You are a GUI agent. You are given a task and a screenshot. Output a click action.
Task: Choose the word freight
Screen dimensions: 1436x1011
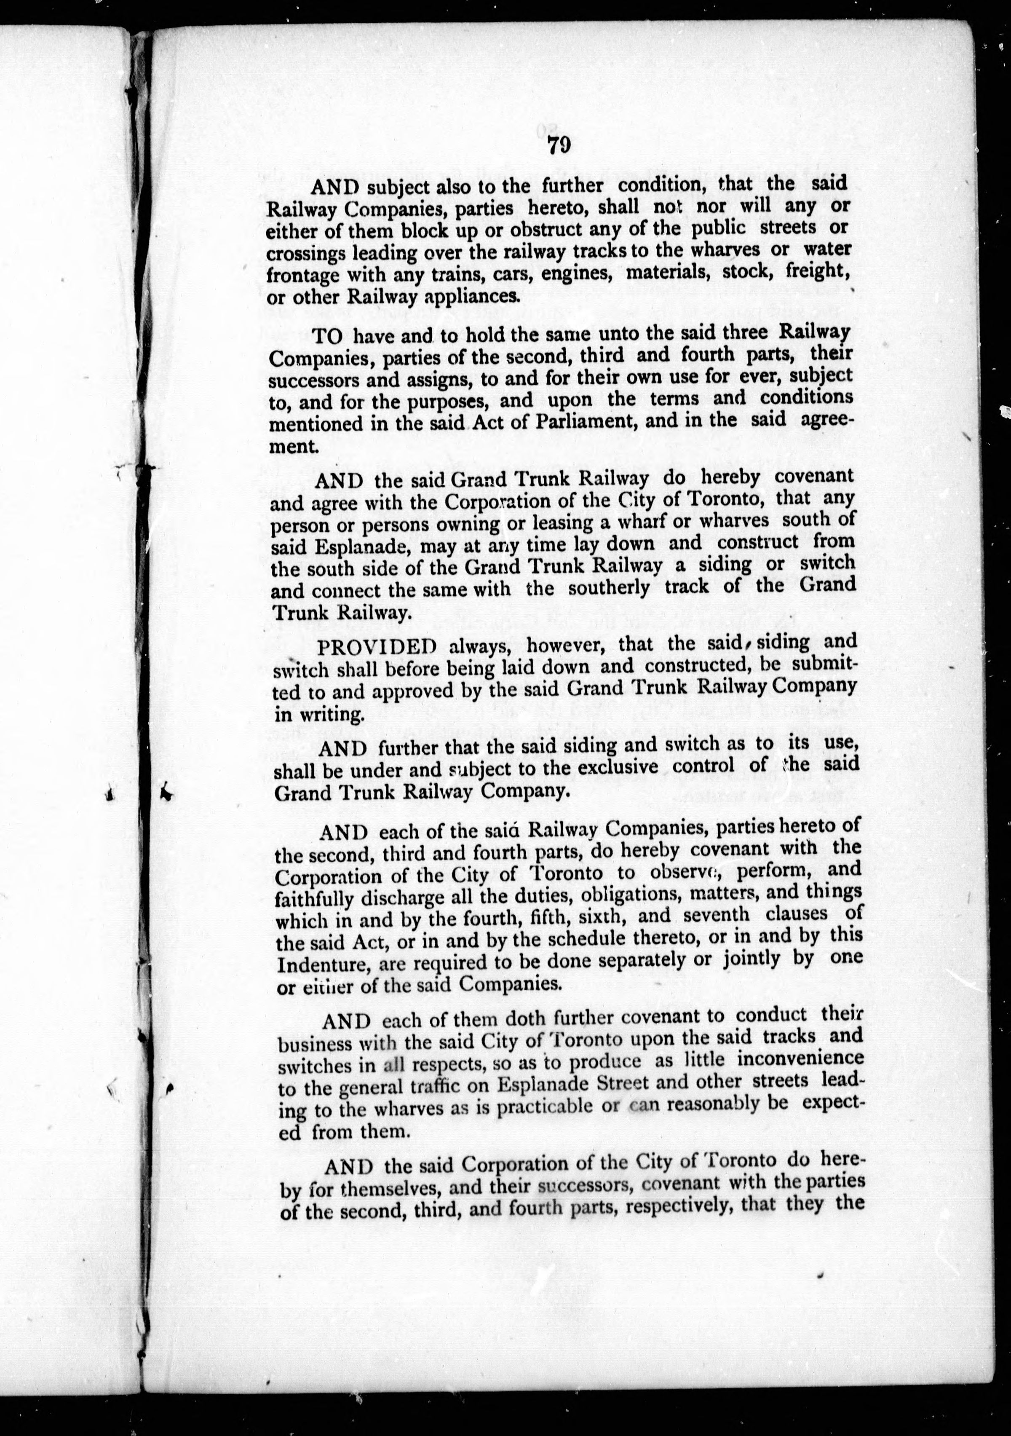(x=811, y=271)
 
